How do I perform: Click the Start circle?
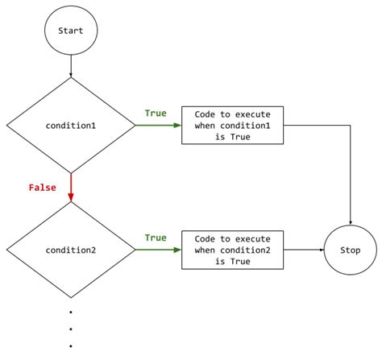tap(71, 31)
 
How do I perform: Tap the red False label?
tap(42, 187)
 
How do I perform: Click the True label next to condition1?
tap(156, 114)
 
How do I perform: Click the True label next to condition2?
tap(156, 238)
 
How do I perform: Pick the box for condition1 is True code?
tap(233, 126)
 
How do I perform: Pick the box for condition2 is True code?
tap(233, 250)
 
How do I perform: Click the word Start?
tap(71, 31)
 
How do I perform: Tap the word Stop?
tap(351, 250)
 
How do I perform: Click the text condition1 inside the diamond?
tap(71, 126)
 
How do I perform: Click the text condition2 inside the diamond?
tap(71, 250)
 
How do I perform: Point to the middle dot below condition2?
tap(71, 329)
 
